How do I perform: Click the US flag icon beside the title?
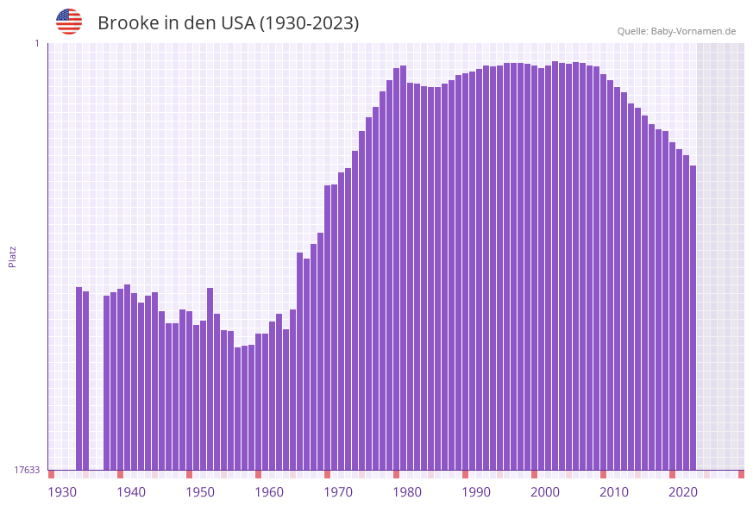pyautogui.click(x=69, y=22)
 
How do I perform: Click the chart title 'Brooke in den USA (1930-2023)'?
pyautogui.click(x=228, y=23)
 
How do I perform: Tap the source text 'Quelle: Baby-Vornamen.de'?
pyautogui.click(x=676, y=31)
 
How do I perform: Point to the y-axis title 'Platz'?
pyautogui.click(x=13, y=256)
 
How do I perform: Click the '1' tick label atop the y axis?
pyautogui.click(x=37, y=43)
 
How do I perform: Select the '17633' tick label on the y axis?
pyautogui.click(x=27, y=470)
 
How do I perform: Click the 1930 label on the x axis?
pyautogui.click(x=62, y=492)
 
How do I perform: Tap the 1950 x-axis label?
pyautogui.click(x=200, y=492)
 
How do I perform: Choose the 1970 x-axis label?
pyautogui.click(x=338, y=492)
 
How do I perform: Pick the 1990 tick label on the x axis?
pyautogui.click(x=476, y=492)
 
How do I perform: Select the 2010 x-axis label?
pyautogui.click(x=614, y=492)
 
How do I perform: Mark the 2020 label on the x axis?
pyautogui.click(x=683, y=492)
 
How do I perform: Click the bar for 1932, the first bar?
pyautogui.click(x=79, y=379)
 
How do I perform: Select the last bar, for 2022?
pyautogui.click(x=693, y=319)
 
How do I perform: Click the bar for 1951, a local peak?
pyautogui.click(x=210, y=379)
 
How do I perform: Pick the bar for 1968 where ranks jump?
pyautogui.click(x=327, y=328)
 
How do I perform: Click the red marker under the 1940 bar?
pyautogui.click(x=120, y=474)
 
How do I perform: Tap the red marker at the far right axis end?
pyautogui.click(x=741, y=474)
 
